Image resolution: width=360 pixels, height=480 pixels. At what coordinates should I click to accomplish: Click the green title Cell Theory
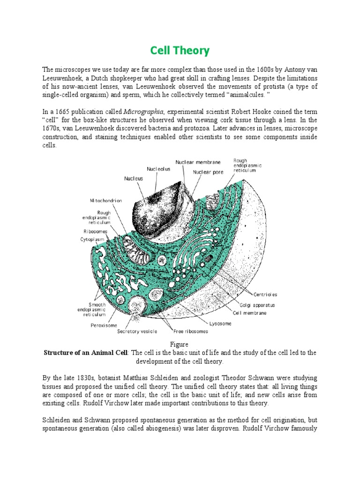pos(180,50)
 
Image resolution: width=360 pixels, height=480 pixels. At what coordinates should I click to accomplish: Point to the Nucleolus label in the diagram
pos(158,169)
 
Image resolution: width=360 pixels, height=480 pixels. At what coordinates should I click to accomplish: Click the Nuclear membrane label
pos(198,162)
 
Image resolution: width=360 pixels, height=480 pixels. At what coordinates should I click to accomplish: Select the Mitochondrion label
pos(106,200)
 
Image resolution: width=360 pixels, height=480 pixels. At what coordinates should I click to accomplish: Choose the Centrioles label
pos(266,294)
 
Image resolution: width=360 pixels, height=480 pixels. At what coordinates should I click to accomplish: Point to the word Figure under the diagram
pos(180,345)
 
